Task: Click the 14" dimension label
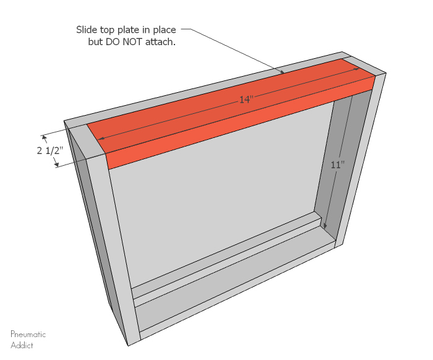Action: [247, 100]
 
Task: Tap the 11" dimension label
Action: [337, 165]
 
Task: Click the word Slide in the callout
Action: [88, 30]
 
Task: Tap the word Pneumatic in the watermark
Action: [28, 335]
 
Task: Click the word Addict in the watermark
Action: [22, 345]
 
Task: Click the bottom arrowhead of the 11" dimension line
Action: [325, 226]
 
